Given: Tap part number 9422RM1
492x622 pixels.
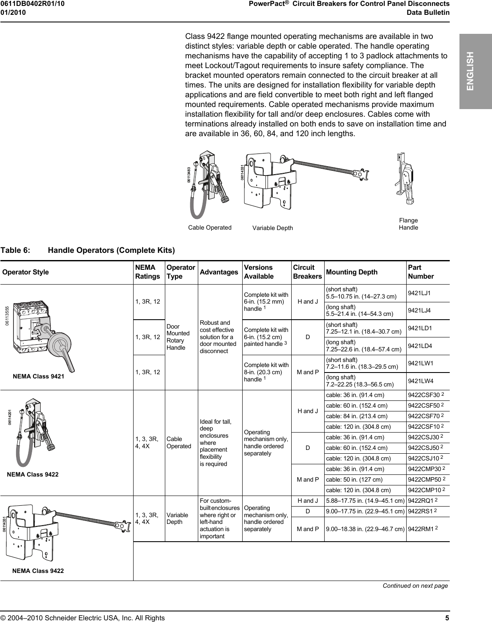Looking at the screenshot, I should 421,529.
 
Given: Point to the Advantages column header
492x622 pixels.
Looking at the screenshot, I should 219,272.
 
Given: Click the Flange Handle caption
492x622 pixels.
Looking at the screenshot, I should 408,224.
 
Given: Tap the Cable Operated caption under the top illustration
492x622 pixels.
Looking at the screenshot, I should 210,227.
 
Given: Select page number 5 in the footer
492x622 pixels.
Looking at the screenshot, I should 447,618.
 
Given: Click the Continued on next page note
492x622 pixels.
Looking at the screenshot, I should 415,586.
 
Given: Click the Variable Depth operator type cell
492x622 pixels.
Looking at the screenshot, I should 178,518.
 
